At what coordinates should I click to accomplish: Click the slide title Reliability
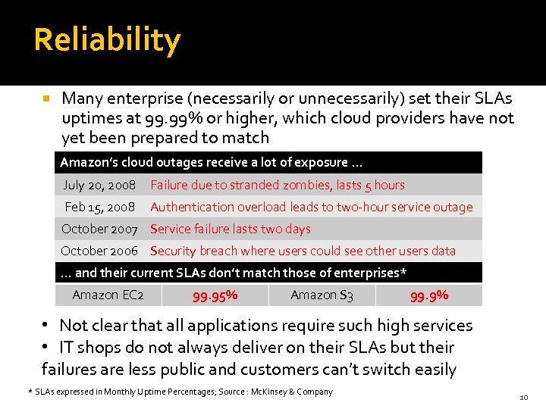tap(107, 40)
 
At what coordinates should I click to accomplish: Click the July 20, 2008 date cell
tap(99, 185)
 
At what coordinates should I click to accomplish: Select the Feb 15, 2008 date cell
tap(99, 207)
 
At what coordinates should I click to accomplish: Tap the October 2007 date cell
tap(99, 229)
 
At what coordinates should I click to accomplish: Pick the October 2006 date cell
tap(99, 251)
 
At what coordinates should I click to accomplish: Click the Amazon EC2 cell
tap(108, 295)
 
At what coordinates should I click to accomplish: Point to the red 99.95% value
tap(215, 295)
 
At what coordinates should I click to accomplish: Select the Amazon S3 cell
tap(322, 295)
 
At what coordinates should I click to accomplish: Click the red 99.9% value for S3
tap(429, 295)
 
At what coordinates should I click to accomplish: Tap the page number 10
tap(522, 398)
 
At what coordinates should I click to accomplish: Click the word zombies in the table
tap(304, 185)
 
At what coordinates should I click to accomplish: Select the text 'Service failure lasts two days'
tap(231, 229)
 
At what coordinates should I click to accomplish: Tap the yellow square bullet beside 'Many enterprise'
tap(47, 99)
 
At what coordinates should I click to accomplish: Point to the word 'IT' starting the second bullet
tap(66, 348)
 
